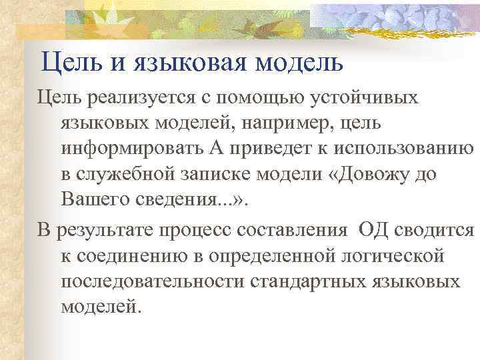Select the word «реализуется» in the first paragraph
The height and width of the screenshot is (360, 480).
(x=137, y=99)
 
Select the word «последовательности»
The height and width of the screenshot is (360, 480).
(x=154, y=281)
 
